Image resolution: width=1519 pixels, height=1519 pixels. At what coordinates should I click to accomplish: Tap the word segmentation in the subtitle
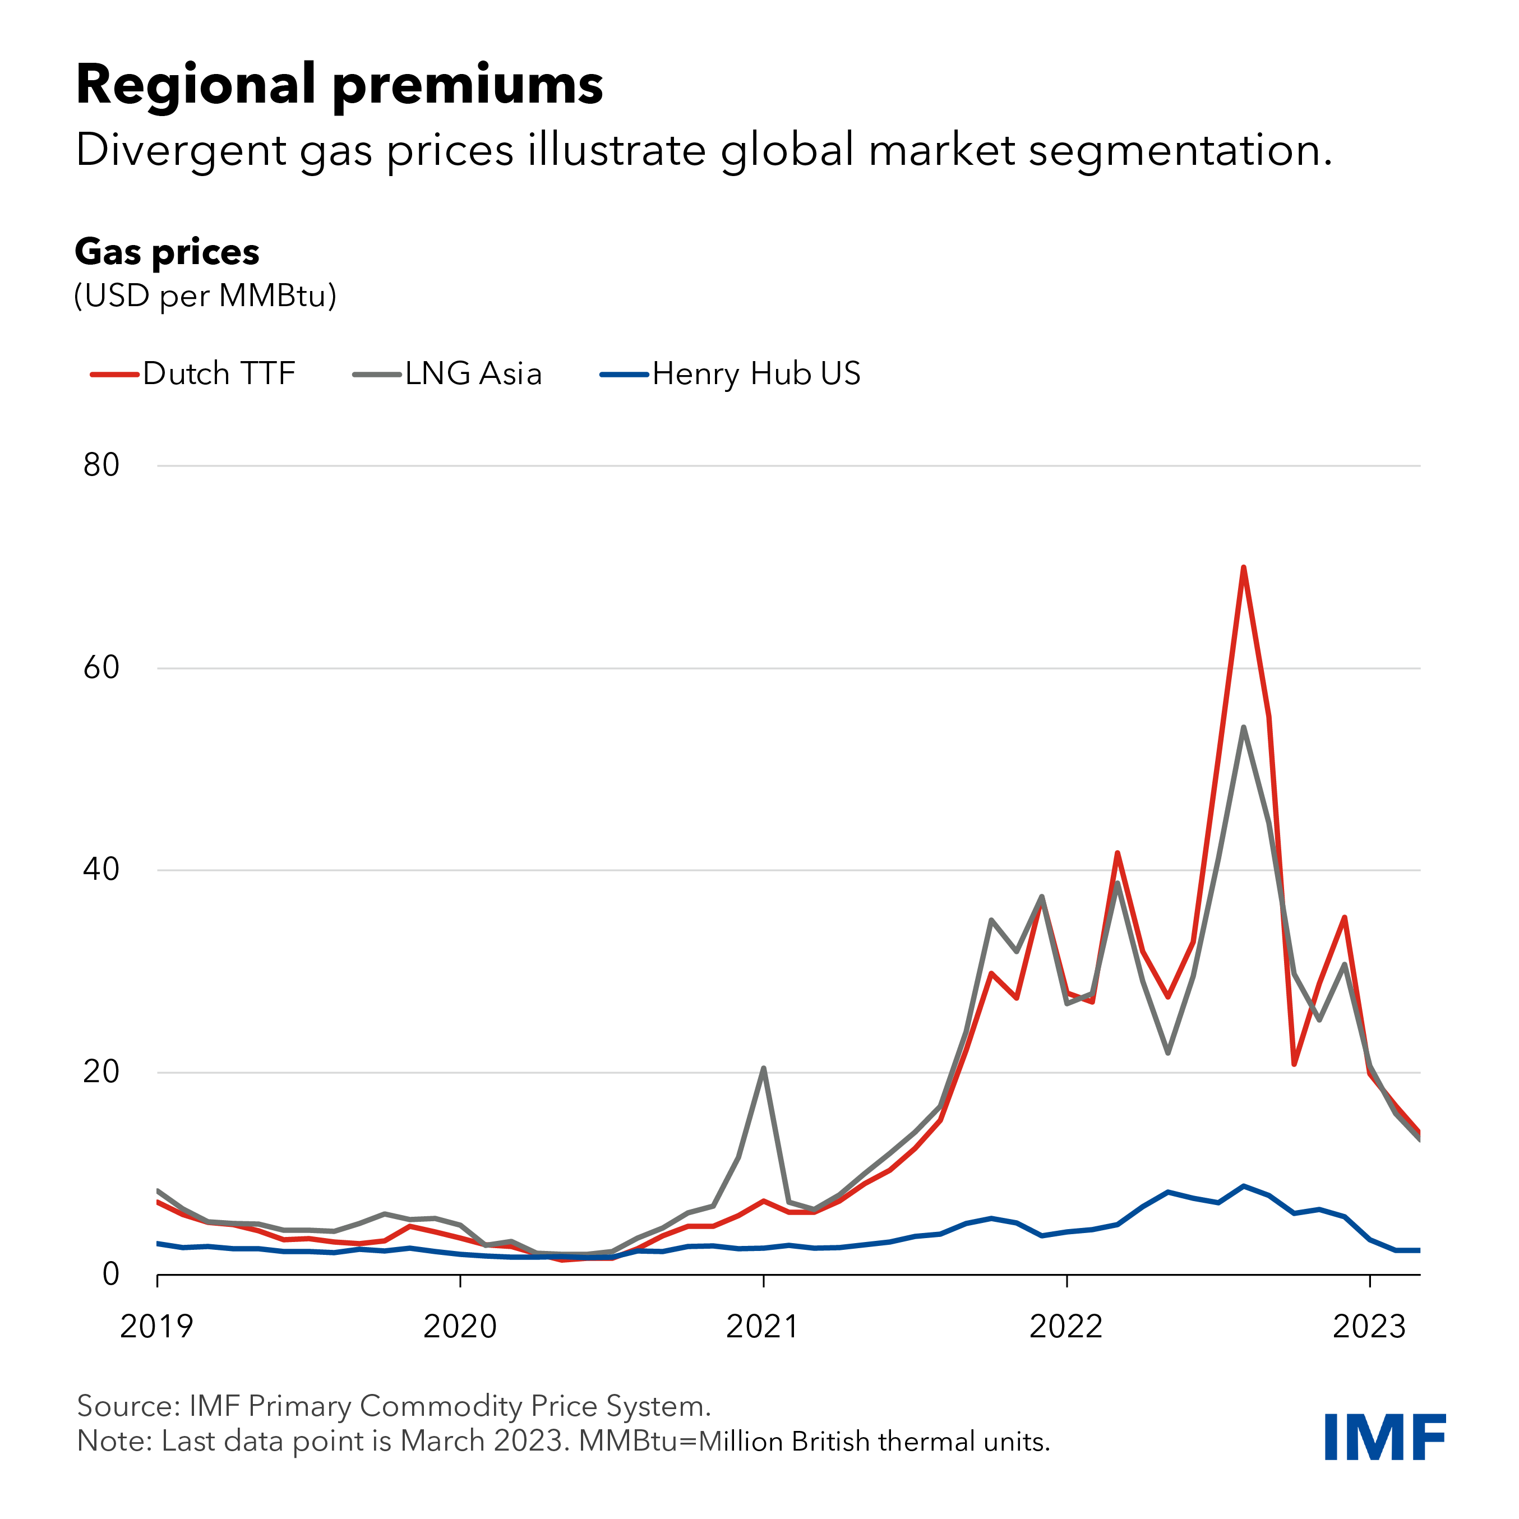click(1179, 150)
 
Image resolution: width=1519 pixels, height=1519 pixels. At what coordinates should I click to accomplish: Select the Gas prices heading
click(167, 252)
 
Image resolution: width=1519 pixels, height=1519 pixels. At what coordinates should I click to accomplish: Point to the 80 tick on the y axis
click(101, 465)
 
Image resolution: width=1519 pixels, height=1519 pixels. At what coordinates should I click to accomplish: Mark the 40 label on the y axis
click(101, 870)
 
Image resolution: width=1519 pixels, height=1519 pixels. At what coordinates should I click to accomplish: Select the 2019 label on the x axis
click(156, 1327)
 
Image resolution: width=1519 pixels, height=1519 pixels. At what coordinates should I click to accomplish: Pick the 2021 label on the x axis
click(763, 1327)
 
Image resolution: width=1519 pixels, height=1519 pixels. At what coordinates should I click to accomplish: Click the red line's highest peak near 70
click(1243, 567)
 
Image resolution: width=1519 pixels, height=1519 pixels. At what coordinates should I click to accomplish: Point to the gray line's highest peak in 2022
click(1243, 727)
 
